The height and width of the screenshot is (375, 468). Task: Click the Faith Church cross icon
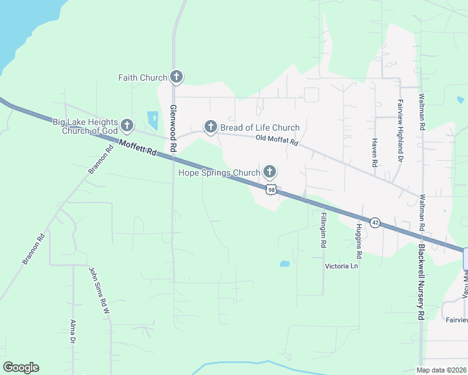click(176, 77)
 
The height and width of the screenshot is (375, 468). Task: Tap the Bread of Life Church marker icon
click(210, 127)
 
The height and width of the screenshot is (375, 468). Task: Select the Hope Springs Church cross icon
click(270, 171)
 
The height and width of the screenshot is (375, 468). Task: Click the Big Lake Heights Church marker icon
click(127, 126)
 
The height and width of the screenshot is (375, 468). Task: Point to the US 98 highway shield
click(270, 189)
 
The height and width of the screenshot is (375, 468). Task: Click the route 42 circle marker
click(375, 222)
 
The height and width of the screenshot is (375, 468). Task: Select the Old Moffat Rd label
click(277, 142)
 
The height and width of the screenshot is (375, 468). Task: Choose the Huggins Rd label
click(359, 242)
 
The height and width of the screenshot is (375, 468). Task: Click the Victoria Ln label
click(341, 266)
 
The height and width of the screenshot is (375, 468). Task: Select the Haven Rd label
click(374, 152)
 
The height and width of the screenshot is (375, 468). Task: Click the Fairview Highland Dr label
click(400, 131)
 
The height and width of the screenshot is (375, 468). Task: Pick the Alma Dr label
click(73, 331)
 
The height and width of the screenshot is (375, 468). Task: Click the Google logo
click(21, 367)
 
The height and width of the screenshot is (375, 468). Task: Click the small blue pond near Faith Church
click(153, 119)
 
